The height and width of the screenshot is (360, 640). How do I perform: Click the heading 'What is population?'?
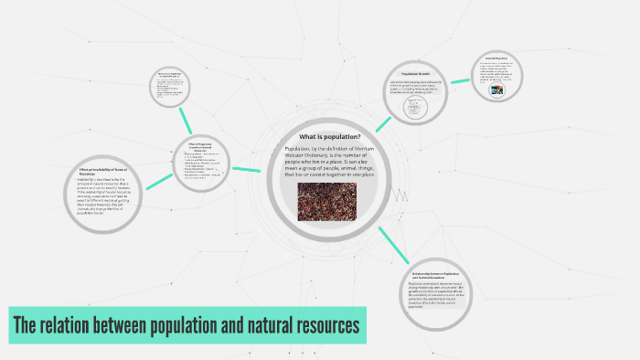pos(329,137)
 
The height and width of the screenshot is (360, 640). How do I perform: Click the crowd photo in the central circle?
pos(326,201)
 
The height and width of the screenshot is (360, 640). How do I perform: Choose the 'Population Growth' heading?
pos(415,73)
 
